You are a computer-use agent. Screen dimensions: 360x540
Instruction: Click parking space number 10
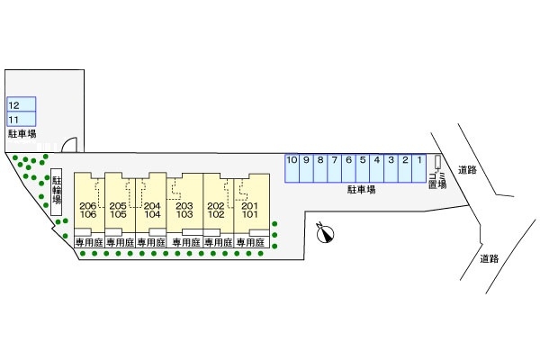[292, 167]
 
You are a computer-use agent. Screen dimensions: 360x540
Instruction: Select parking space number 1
[418, 167]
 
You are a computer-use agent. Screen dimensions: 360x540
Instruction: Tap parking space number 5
[362, 167]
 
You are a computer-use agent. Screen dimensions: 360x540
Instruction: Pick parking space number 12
[21, 104]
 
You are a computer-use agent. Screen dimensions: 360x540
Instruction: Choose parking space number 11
[21, 119]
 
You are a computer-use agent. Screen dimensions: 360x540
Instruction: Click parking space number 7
[334, 167]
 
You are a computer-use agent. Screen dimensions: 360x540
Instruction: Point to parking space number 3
[391, 167]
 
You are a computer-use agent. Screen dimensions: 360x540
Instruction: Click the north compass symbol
[326, 233]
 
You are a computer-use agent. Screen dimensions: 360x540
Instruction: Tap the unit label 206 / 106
[87, 211]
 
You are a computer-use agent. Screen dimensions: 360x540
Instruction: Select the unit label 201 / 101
[249, 211]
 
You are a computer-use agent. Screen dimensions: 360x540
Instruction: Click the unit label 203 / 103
[184, 211]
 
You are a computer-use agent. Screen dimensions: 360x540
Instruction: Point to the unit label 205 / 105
[118, 211]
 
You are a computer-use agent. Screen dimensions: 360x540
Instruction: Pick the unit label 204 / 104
[151, 211]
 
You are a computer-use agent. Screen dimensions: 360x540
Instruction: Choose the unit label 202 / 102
[216, 211]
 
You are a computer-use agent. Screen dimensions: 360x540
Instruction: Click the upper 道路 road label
[464, 170]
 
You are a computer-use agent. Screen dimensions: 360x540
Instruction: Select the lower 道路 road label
[489, 258]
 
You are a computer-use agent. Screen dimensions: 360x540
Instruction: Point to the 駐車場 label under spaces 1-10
[362, 190]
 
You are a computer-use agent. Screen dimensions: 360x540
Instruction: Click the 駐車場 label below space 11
[22, 133]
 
